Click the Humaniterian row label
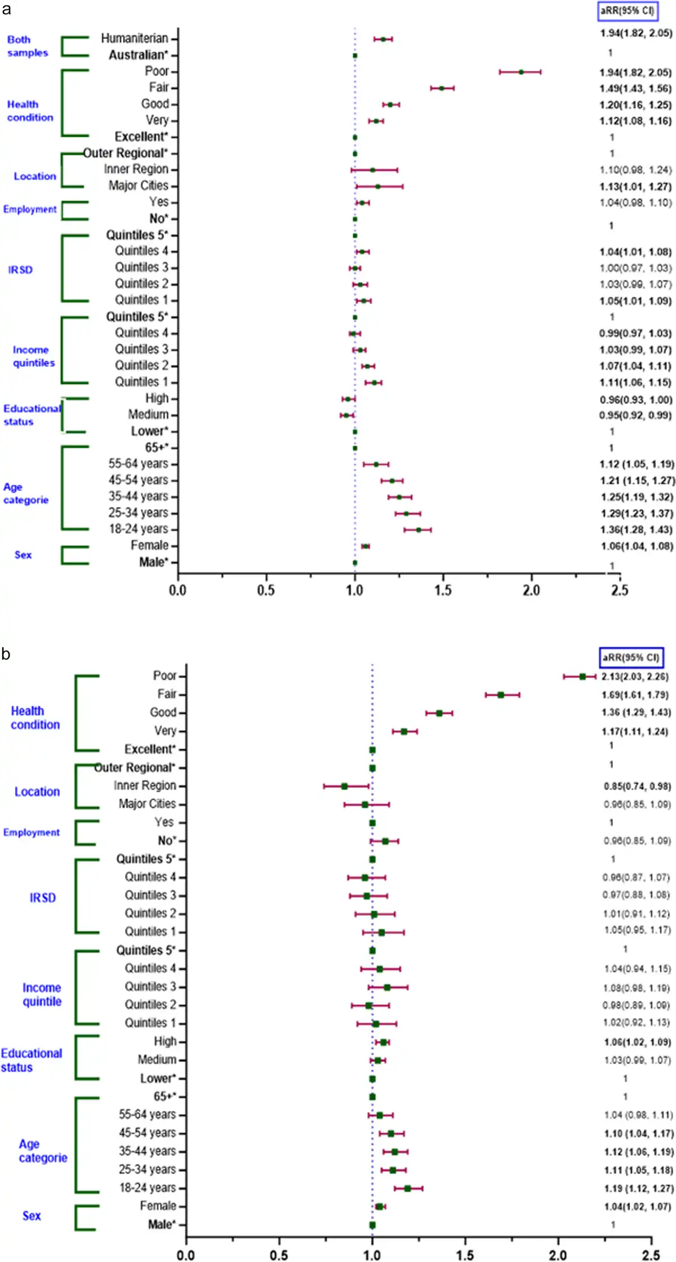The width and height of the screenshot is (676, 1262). click(135, 38)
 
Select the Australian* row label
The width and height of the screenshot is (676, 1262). click(139, 55)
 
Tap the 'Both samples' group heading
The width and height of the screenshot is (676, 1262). click(27, 46)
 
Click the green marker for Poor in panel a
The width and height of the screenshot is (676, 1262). click(521, 72)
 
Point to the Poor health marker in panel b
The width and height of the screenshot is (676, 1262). click(582, 677)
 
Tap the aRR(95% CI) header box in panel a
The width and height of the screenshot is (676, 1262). click(627, 11)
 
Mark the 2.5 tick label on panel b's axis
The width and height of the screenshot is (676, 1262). click(651, 1255)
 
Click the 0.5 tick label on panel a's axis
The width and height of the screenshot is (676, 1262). click(266, 590)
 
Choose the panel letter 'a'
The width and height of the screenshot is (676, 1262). click(6, 10)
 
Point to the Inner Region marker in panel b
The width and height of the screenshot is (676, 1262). click(344, 786)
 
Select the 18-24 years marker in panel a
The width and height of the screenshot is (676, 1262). click(419, 530)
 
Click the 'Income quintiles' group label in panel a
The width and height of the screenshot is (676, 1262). click(34, 356)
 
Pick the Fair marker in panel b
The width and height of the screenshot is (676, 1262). click(501, 695)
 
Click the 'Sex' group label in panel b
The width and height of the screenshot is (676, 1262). click(32, 1216)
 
